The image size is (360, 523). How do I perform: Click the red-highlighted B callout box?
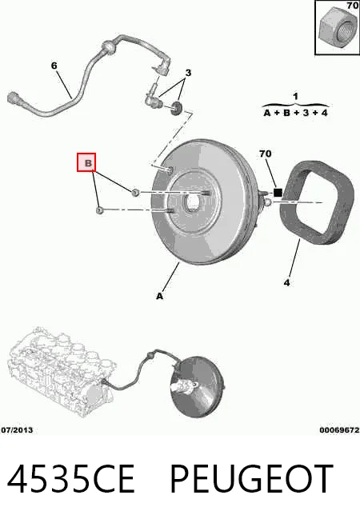pyautogui.click(x=86, y=162)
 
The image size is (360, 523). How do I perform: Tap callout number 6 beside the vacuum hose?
pyautogui.click(x=54, y=66)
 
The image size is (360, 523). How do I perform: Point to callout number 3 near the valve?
pyautogui.click(x=188, y=73)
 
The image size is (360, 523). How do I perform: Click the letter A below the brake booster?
pyautogui.click(x=160, y=296)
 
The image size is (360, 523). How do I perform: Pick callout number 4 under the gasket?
pyautogui.click(x=287, y=283)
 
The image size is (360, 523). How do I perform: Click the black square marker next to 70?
pyautogui.click(x=278, y=193)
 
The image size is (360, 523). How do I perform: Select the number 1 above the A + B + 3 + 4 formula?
pyautogui.click(x=296, y=97)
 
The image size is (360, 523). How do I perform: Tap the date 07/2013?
pyautogui.click(x=18, y=430)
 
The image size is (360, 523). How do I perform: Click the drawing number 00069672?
pyautogui.click(x=339, y=430)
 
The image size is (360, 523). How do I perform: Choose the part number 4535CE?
pyautogui.click(x=70, y=479)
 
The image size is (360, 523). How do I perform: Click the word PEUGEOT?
pyautogui.click(x=252, y=479)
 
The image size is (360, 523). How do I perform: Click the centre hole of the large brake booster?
pyautogui.click(x=193, y=202)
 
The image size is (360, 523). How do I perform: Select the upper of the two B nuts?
pyautogui.click(x=134, y=192)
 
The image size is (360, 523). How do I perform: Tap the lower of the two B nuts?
pyautogui.click(x=100, y=210)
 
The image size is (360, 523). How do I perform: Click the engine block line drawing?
pyautogui.click(x=62, y=372)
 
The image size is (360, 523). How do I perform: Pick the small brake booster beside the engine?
pyautogui.click(x=197, y=387)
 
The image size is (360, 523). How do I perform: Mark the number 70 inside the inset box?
pyautogui.click(x=352, y=6)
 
